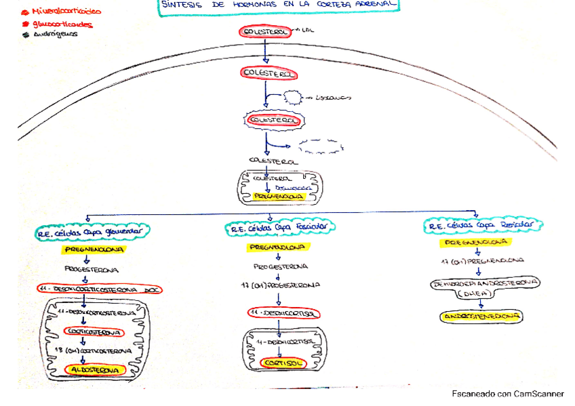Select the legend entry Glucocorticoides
pos(61,25)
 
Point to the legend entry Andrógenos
pos(55,35)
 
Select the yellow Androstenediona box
pos(482,317)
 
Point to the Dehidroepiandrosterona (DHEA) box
pos(484,287)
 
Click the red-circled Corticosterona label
pos(94,332)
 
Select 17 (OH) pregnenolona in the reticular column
pos(481,260)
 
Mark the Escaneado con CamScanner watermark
pos(508,394)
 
